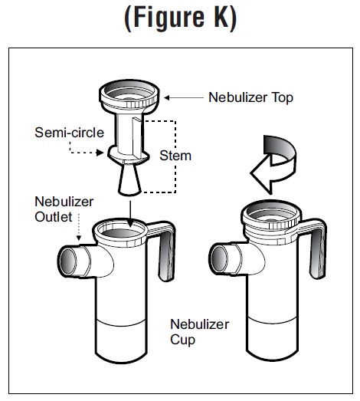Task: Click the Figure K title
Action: (181, 18)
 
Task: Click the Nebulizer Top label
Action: (250, 97)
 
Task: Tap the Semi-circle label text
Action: (69, 133)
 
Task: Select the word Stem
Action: (175, 156)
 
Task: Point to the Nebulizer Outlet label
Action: (64, 209)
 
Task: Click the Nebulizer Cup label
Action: (200, 332)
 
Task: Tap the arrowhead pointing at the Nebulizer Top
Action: (166, 97)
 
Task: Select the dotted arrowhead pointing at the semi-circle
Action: (100, 153)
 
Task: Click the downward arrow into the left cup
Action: (130, 214)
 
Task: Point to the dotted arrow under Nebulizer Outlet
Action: (79, 227)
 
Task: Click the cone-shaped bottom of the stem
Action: (129, 179)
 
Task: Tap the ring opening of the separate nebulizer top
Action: (129, 93)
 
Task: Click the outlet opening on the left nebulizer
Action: (68, 261)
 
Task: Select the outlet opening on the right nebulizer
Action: (219, 259)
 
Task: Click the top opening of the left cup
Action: (121, 231)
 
